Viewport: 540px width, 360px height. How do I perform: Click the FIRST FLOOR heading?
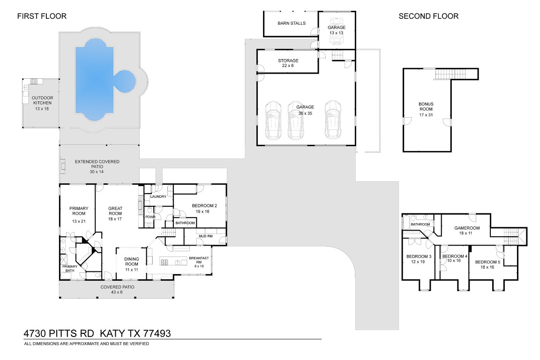[x=42, y=16]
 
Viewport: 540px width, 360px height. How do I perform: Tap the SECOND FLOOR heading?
[x=428, y=16]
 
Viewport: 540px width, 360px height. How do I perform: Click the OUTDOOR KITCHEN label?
[x=42, y=103]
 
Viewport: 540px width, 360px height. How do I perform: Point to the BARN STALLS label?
[x=291, y=23]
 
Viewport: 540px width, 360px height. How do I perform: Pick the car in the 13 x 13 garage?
[x=336, y=30]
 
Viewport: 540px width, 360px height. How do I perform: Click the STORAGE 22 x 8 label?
[x=288, y=63]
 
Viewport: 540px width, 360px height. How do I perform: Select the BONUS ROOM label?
[x=426, y=109]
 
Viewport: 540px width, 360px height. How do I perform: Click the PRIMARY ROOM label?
[x=76, y=214]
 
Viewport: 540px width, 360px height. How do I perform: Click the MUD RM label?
[x=206, y=236]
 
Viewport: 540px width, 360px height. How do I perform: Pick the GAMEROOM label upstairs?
[x=466, y=230]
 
